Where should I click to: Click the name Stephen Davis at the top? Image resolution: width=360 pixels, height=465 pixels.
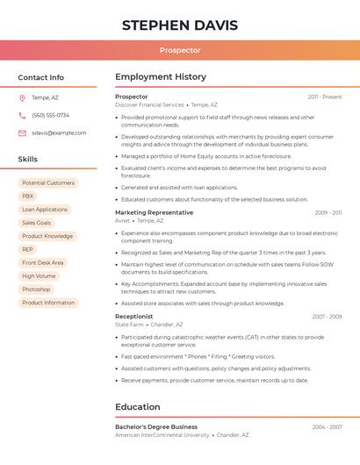pyautogui.click(x=179, y=25)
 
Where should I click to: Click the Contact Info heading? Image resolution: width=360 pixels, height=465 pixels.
pyautogui.click(x=40, y=77)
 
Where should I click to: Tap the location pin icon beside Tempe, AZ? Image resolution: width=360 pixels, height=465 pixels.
pyautogui.click(x=22, y=97)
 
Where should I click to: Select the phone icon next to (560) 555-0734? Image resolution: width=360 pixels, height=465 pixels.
pyautogui.click(x=22, y=115)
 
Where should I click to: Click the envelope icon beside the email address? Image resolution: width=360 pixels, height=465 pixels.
pyautogui.click(x=22, y=133)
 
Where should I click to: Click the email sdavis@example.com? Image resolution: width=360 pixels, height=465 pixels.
pyautogui.click(x=59, y=133)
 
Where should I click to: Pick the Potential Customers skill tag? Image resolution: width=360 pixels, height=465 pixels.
pyautogui.click(x=48, y=183)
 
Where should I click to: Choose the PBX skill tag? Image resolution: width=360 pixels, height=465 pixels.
pyautogui.click(x=28, y=197)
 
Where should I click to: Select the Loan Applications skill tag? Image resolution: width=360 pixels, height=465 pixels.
pyautogui.click(x=45, y=210)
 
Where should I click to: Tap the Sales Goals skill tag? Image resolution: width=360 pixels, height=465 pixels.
pyautogui.click(x=36, y=223)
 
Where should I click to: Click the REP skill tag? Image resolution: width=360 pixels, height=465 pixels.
pyautogui.click(x=28, y=249)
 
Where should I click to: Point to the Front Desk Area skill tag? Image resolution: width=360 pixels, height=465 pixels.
pyautogui.click(x=43, y=262)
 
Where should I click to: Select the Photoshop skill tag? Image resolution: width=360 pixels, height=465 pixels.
pyautogui.click(x=36, y=289)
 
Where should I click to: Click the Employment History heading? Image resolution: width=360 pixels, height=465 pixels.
pyautogui.click(x=161, y=77)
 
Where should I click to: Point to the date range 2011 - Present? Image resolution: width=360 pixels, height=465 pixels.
pyautogui.click(x=324, y=97)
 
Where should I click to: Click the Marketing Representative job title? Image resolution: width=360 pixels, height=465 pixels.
pyautogui.click(x=154, y=212)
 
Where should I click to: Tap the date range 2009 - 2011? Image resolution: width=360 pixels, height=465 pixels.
pyautogui.click(x=328, y=212)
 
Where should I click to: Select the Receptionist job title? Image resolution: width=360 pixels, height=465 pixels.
pyautogui.click(x=133, y=316)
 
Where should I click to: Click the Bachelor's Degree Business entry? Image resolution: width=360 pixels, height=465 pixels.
pyautogui.click(x=156, y=426)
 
